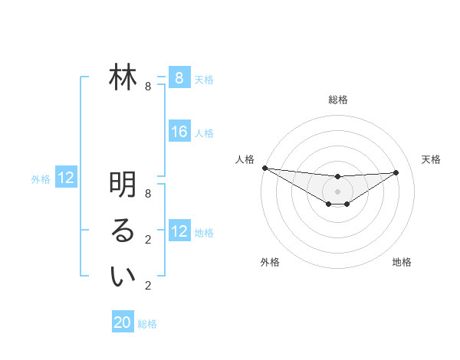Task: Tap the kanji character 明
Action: coord(123,185)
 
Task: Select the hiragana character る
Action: coord(123,231)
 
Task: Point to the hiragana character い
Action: coord(123,277)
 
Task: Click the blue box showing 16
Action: coord(179,132)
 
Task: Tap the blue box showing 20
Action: coord(123,322)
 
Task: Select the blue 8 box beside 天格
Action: coord(179,77)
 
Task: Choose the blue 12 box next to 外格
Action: coord(66,178)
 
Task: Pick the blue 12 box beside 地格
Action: coord(179,231)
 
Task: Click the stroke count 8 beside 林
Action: coord(148,87)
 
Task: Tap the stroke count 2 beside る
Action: coord(148,240)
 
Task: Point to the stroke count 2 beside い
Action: coord(148,286)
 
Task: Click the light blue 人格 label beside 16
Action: coord(204,133)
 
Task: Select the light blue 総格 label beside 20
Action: coord(147,324)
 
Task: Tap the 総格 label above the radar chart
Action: coord(337,100)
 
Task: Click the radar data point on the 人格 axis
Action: coord(264,168)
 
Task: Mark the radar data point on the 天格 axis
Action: coord(396,172)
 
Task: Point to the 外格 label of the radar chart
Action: coord(270,262)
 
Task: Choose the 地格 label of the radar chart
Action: coord(402,262)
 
